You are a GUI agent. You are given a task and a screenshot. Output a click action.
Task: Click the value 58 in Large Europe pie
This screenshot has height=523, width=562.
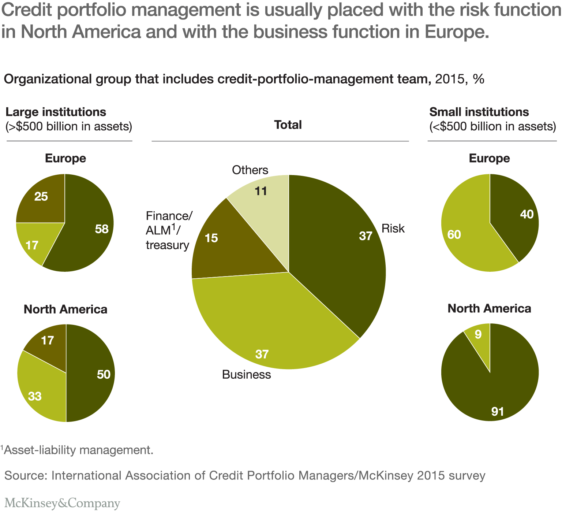click(102, 229)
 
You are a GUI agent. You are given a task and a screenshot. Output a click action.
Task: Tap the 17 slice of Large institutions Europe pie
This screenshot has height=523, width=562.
click(32, 245)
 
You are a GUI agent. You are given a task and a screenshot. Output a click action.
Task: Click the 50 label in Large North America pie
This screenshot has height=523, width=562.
click(104, 374)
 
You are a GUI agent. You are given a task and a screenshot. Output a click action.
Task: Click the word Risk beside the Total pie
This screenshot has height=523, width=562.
click(393, 229)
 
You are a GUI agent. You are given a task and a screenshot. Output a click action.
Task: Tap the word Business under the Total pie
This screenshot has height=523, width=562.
click(246, 375)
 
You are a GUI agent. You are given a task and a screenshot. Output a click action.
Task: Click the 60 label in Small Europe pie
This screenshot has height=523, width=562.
click(454, 234)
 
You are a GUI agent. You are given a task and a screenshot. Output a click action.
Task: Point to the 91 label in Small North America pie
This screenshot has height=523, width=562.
click(498, 412)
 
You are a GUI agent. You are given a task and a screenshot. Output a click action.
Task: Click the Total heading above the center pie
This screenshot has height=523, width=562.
click(288, 125)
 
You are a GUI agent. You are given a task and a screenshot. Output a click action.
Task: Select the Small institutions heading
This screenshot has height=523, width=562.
click(479, 112)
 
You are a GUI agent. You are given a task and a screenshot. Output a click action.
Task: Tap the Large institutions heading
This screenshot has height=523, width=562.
click(56, 112)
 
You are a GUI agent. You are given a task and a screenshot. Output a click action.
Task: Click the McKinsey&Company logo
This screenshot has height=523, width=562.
click(62, 503)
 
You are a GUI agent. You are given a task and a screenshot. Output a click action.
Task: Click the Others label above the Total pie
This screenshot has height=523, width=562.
click(250, 170)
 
